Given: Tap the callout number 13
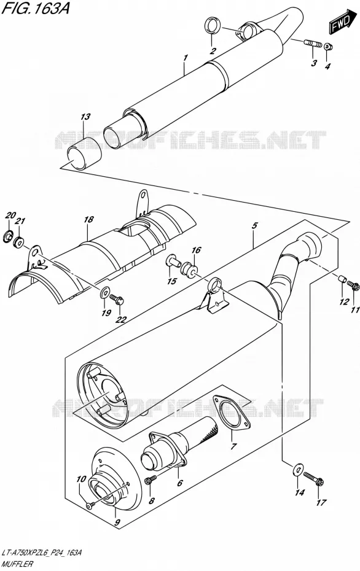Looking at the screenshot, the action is point(85,117).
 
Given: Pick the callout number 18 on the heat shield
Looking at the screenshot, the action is point(88,220).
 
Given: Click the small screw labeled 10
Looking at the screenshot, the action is point(90,505).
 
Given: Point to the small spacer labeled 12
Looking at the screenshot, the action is point(342,279).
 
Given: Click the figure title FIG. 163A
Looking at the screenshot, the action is point(36,8).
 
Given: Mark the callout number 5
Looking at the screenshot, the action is point(254,226).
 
